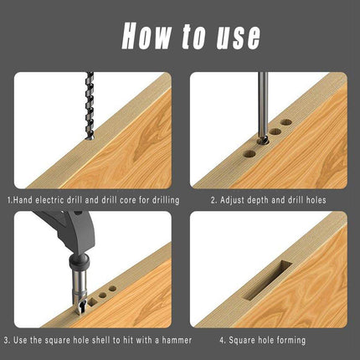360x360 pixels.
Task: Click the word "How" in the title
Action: [147, 36]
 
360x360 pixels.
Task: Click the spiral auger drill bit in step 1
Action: [90, 106]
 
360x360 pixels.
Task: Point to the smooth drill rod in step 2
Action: [263, 106]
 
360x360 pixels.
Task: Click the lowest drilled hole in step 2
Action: [249, 154]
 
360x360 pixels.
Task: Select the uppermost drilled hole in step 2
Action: [286, 122]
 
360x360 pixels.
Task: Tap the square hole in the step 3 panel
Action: [92, 301]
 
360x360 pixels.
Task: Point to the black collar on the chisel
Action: [80, 261]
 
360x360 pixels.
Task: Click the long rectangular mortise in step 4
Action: [266, 280]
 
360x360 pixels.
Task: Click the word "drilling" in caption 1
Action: [166, 200]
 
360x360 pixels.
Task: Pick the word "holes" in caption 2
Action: [316, 200]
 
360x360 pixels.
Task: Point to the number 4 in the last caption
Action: [222, 341]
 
